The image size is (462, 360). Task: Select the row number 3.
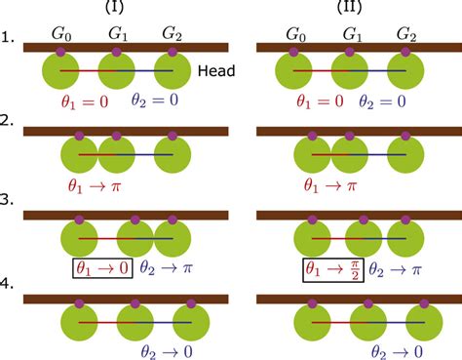(10, 208)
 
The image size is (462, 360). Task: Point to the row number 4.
(10, 288)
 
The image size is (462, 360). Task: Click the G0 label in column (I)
(62, 35)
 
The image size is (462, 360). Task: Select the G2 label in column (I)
(173, 35)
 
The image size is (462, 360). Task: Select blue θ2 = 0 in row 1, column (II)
(393, 100)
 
